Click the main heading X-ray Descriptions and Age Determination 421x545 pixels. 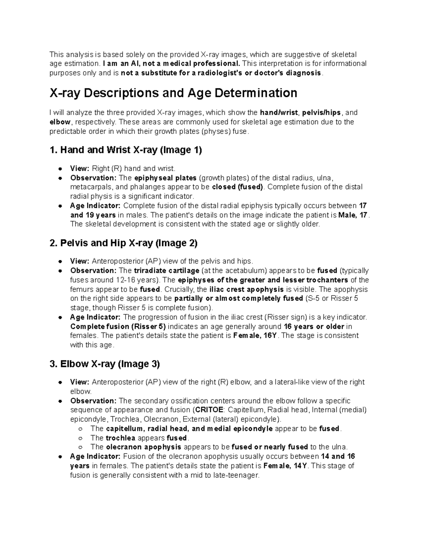click(173, 93)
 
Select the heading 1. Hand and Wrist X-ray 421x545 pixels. click(126, 150)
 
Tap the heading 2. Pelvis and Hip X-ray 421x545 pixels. click(124, 243)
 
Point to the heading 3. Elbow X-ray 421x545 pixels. click(105, 364)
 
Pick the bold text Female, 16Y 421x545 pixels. click(255, 335)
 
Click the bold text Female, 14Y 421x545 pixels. click(285, 466)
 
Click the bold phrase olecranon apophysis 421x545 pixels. click(143, 447)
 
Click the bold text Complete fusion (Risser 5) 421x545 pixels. click(118, 326)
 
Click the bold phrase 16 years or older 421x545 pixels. click(314, 326)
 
